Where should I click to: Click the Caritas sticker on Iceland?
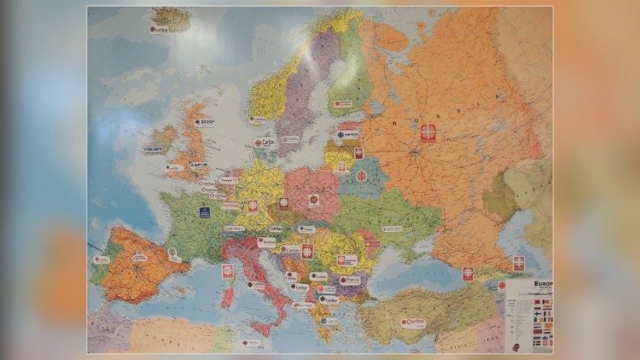159,29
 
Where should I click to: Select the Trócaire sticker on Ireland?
153,148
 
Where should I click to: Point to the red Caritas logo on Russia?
428,133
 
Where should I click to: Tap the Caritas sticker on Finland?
343,104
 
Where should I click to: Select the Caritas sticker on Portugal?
102,258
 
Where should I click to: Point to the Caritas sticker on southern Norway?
257,119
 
